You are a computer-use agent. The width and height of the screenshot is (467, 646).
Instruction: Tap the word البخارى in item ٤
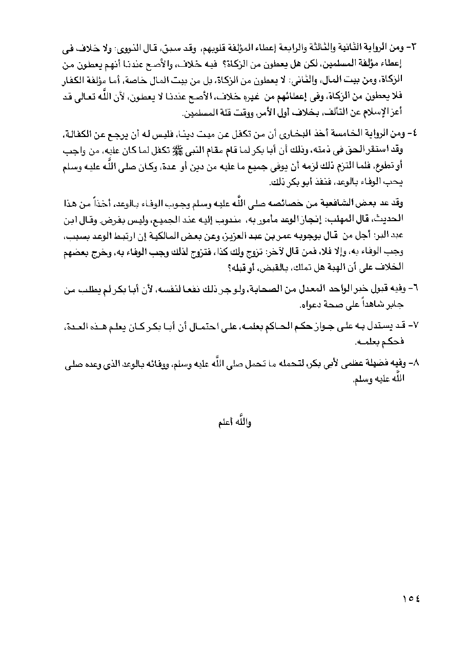275,134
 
